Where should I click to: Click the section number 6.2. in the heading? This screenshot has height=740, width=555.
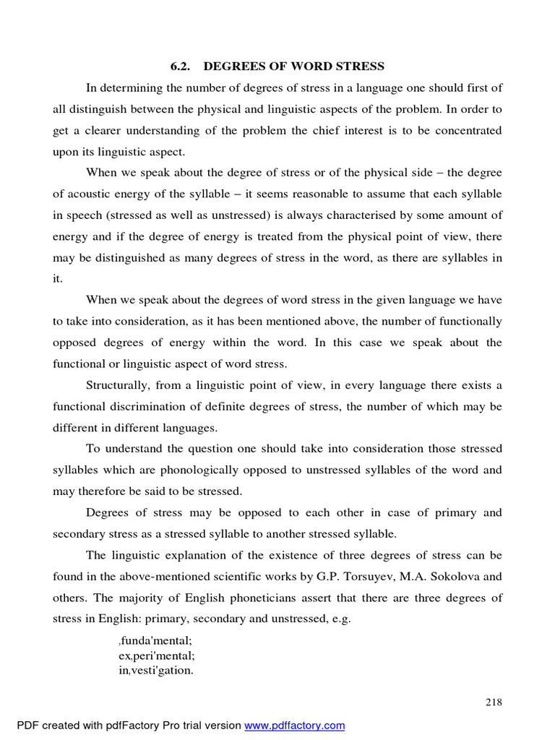click(x=180, y=66)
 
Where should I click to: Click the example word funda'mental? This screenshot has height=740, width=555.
click(x=156, y=641)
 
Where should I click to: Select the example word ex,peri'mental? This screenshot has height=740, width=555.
click(x=157, y=655)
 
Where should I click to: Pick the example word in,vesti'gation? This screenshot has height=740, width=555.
click(x=156, y=670)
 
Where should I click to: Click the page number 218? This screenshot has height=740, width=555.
click(x=494, y=702)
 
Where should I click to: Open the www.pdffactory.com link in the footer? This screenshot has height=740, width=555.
click(x=295, y=726)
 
